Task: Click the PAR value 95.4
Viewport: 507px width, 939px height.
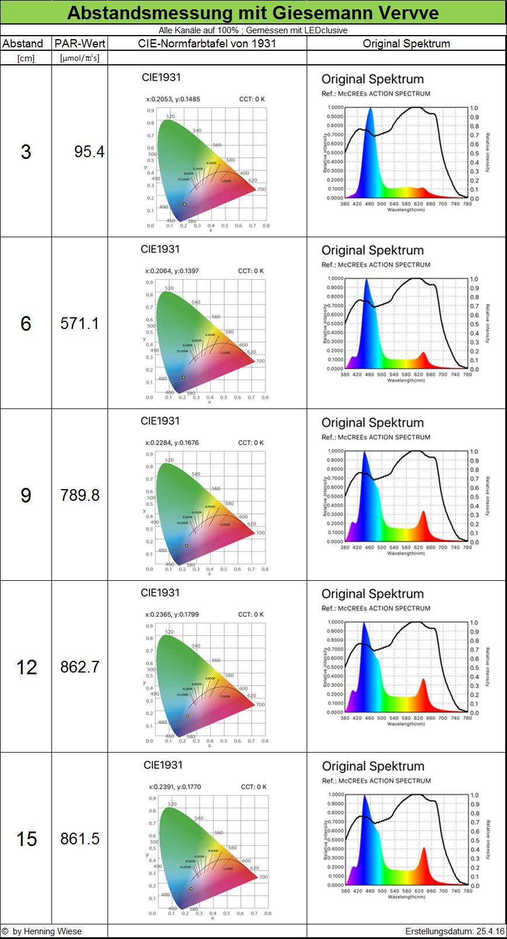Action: [89, 152]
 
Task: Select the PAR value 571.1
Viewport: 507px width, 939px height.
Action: [80, 323]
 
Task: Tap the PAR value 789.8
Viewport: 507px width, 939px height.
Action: [80, 495]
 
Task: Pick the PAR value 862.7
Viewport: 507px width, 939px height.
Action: [80, 667]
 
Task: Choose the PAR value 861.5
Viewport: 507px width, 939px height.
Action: [80, 838]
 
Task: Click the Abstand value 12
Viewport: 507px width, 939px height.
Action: [26, 667]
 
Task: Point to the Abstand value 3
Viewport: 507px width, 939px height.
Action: [26, 152]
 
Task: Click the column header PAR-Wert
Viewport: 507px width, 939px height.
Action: [80, 43]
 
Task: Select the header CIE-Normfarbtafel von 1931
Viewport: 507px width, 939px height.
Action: [207, 43]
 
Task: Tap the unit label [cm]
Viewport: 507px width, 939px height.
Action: [26, 58]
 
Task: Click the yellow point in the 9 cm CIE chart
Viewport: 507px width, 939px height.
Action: [186, 546]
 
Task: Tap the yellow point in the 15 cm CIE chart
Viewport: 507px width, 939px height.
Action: [190, 889]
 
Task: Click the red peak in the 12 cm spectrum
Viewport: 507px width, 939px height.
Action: [423, 681]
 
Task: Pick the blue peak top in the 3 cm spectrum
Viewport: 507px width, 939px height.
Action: [370, 109]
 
